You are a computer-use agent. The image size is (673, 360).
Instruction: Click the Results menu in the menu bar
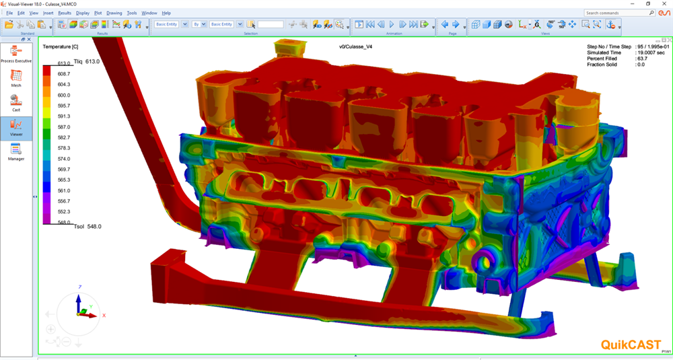(65, 13)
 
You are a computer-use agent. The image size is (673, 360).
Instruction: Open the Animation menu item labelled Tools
(132, 13)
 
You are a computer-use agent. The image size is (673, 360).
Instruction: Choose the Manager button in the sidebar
(16, 151)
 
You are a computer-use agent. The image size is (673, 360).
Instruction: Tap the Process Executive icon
(16, 53)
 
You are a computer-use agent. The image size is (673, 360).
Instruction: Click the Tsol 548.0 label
(87, 227)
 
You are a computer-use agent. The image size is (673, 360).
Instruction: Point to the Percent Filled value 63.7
(643, 59)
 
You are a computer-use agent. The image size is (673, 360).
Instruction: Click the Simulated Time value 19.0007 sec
(651, 52)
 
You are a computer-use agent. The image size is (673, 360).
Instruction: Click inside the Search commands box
(616, 13)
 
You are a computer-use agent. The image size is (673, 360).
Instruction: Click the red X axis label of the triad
(104, 315)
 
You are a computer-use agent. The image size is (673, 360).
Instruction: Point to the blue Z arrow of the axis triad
(78, 301)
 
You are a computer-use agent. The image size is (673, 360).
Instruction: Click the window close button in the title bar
(664, 3)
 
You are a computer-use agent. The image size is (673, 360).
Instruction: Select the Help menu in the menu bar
(166, 13)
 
